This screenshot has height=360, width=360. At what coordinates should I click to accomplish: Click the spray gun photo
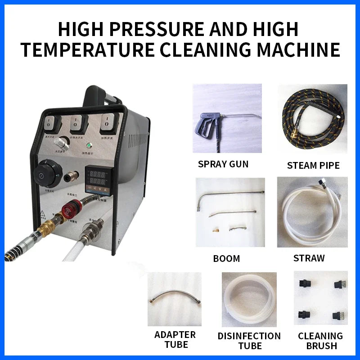[x=221, y=118]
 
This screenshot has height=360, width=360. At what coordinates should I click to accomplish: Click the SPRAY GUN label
[x=223, y=164]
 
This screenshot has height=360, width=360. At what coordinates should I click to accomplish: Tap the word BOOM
[x=226, y=258]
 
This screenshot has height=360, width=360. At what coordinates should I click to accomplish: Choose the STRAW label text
[x=309, y=258]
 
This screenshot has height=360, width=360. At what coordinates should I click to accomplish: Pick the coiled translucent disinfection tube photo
[x=249, y=299]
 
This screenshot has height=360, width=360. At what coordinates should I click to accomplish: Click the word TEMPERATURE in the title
[x=87, y=49]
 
